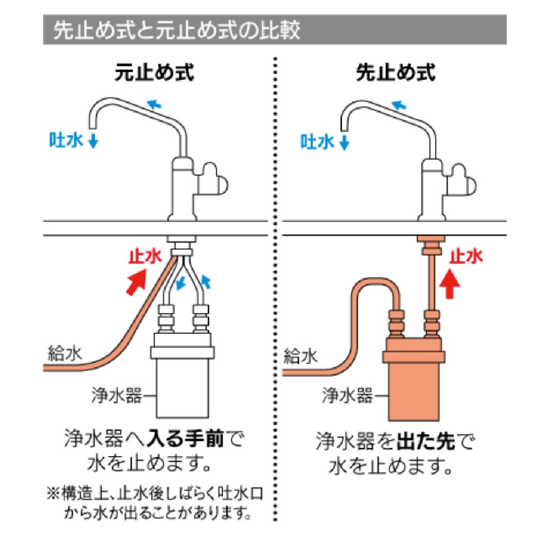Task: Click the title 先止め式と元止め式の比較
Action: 177,30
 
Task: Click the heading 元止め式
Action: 154,73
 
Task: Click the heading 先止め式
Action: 395,73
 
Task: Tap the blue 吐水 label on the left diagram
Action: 66,140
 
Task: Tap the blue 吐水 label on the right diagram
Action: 317,142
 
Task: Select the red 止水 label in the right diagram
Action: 466,256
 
